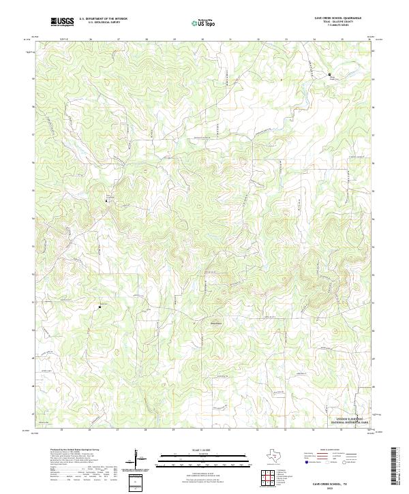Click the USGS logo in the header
click(62, 22)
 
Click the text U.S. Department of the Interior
click(103, 19)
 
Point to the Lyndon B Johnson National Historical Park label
click(349, 420)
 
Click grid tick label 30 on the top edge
click(202, 40)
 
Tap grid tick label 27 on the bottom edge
click(118, 431)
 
